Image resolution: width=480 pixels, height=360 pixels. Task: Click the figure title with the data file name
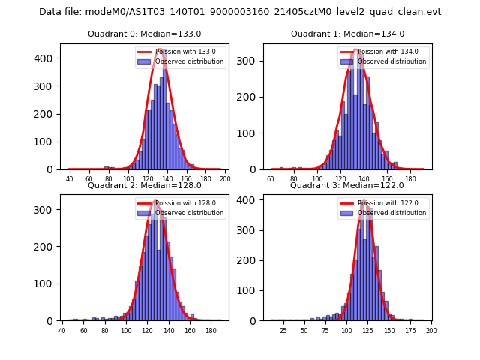click(240, 12)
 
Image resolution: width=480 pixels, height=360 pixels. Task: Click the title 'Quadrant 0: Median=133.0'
click(144, 34)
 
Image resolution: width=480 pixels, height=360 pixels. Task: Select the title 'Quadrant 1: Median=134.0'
click(347, 34)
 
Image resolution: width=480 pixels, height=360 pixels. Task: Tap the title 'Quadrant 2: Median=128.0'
click(144, 185)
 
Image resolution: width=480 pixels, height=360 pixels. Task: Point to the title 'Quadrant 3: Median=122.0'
click(347, 185)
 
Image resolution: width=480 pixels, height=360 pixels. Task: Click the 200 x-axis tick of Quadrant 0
click(224, 179)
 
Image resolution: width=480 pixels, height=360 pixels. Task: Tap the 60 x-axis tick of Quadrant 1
click(271, 179)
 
